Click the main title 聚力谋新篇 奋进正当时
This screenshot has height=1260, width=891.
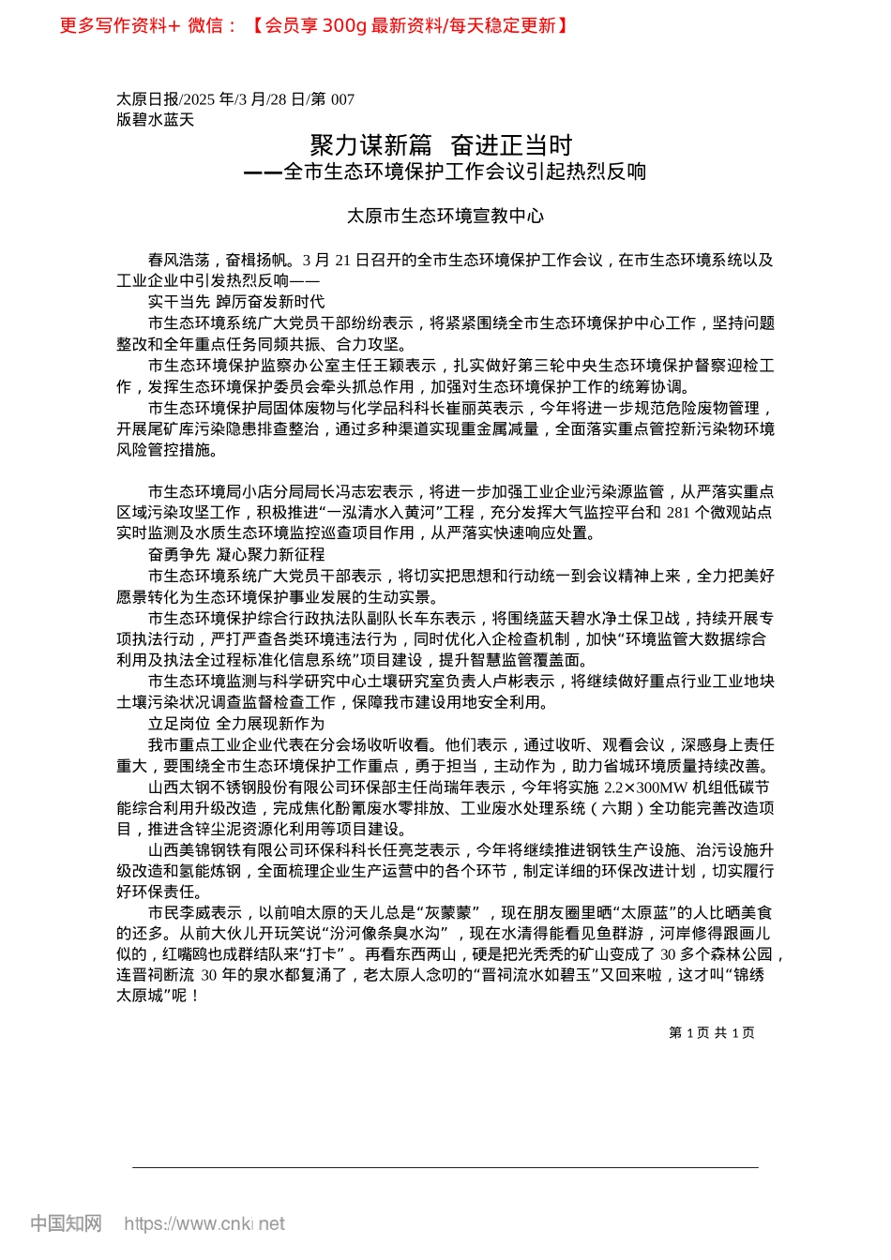[x=441, y=145]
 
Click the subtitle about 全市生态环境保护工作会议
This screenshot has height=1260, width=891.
[x=445, y=172]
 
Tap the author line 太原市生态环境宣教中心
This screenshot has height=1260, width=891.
[x=445, y=217]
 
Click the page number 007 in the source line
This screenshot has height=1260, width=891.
[x=342, y=99]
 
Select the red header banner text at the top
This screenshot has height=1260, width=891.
[x=315, y=25]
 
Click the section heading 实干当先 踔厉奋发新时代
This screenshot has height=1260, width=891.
[x=236, y=302]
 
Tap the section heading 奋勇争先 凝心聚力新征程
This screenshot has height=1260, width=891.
[x=236, y=555]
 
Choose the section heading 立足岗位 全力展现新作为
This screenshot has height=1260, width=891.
[x=236, y=724]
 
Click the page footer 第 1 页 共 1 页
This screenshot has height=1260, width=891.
[x=712, y=1033]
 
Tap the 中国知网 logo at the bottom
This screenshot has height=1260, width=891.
[x=66, y=1223]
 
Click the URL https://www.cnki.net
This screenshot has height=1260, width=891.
[x=204, y=1223]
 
